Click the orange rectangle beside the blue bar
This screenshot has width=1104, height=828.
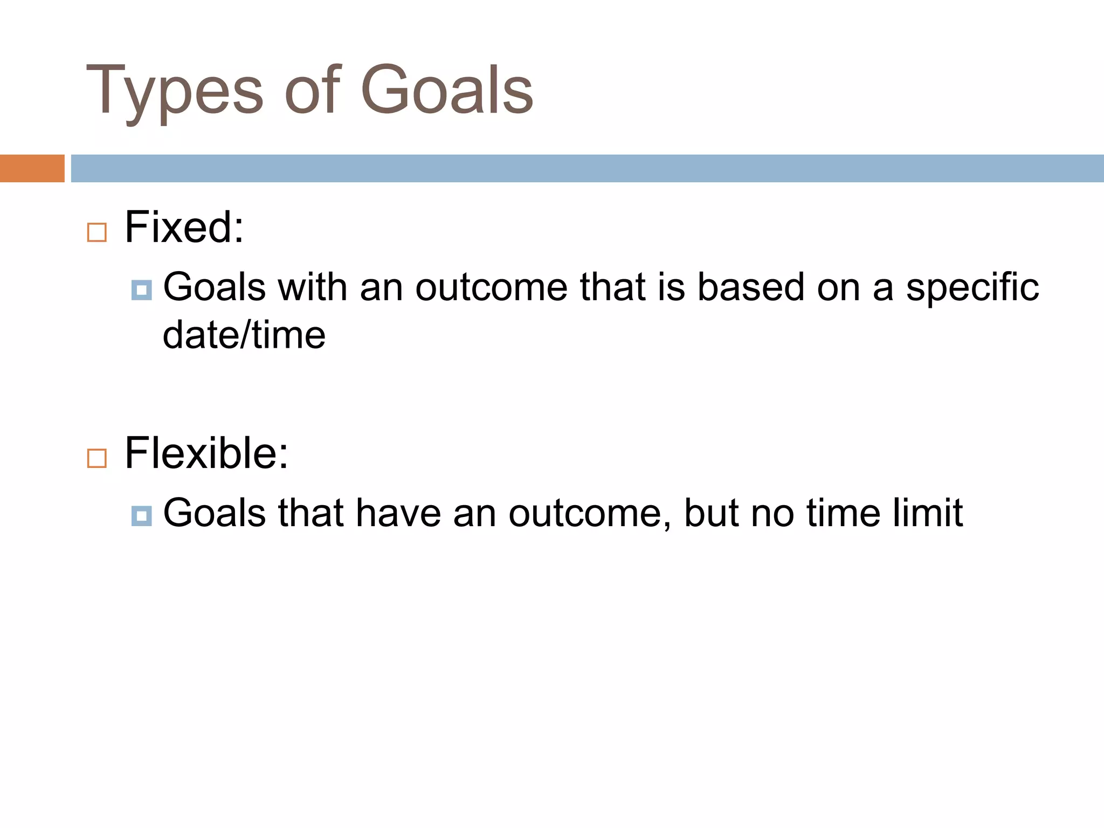coord(32,168)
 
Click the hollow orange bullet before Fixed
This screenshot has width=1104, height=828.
coord(97,233)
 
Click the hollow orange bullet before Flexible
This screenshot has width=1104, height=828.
coord(97,458)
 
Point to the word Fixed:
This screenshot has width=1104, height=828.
coord(184,227)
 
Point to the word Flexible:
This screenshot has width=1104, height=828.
coord(206,453)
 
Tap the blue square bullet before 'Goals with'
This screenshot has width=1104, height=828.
coord(141,290)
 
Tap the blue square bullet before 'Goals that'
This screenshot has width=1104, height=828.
coord(141,516)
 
